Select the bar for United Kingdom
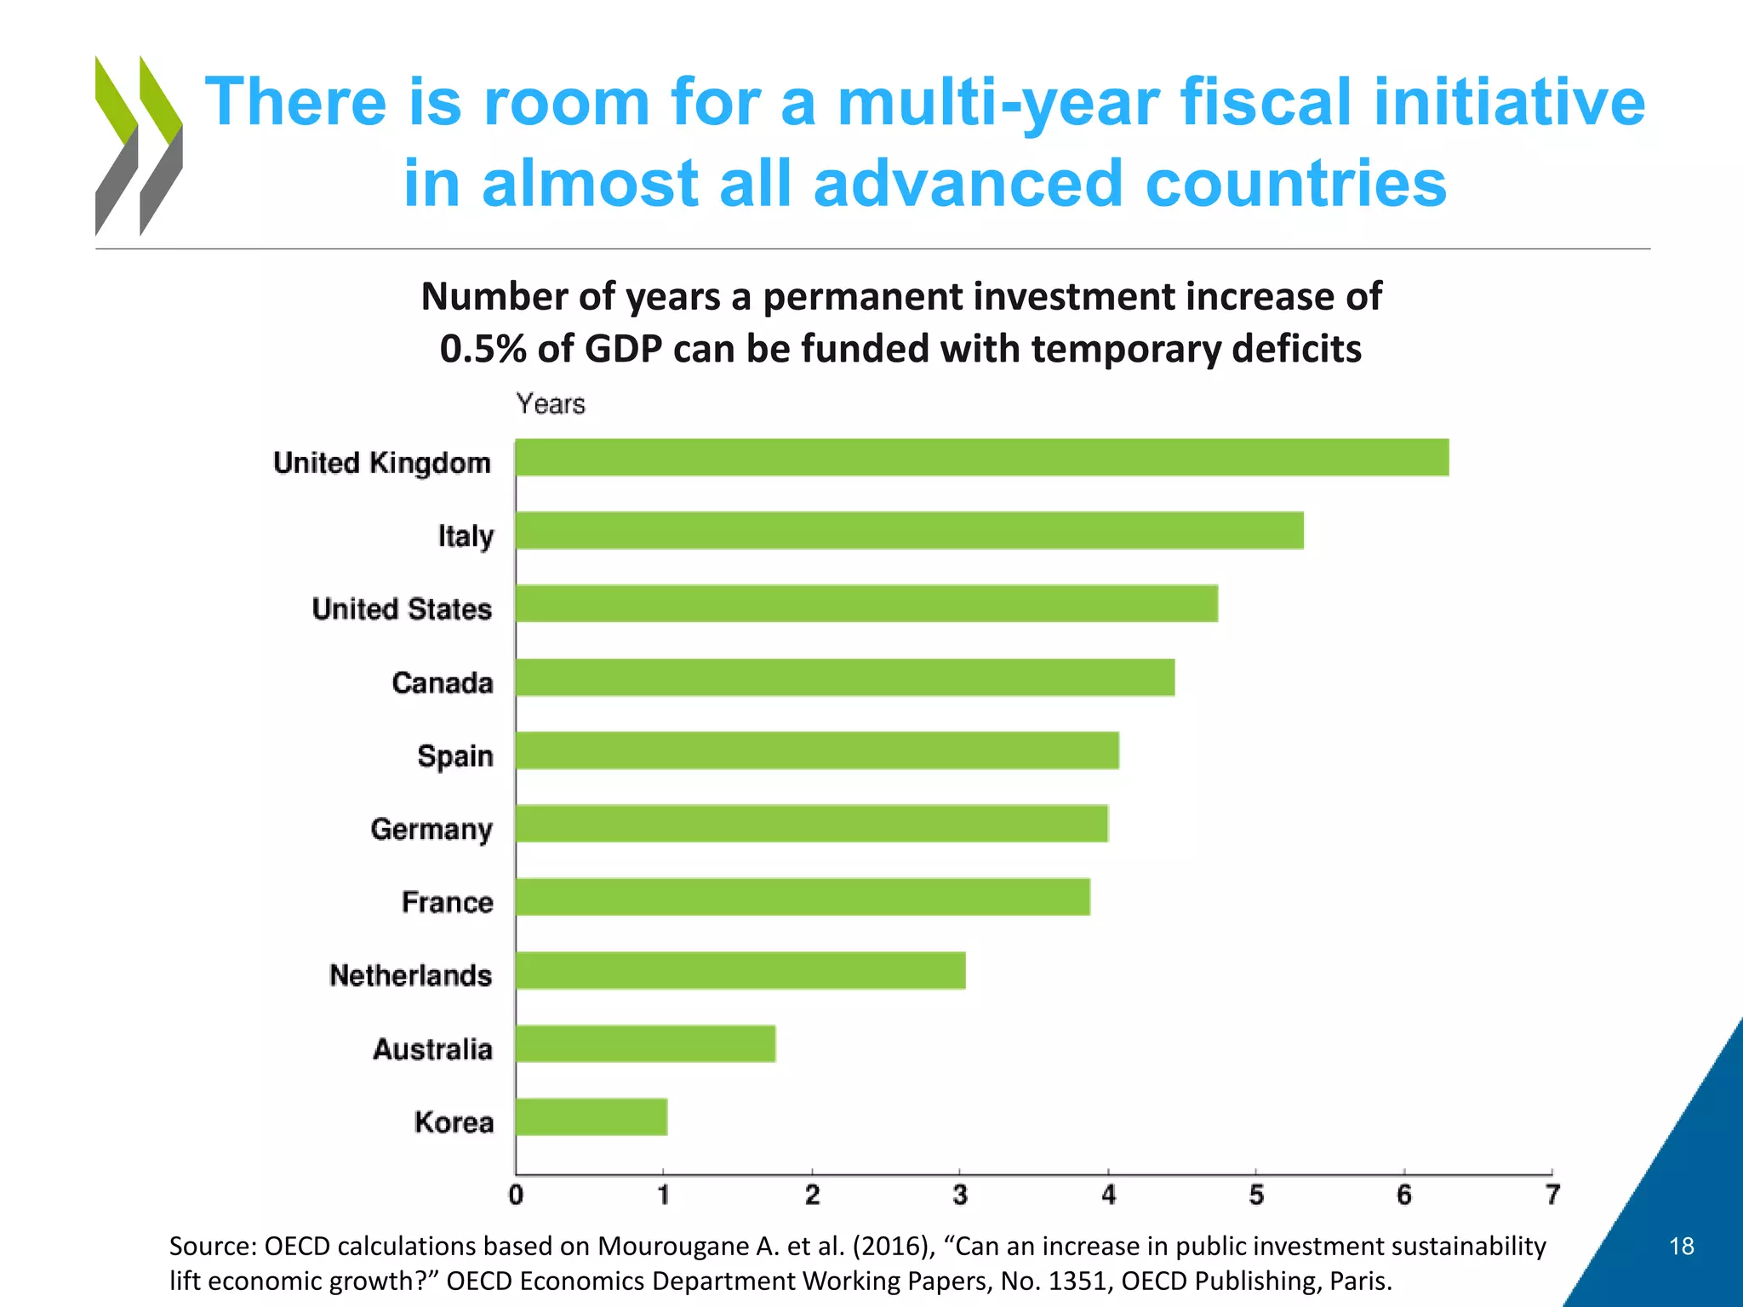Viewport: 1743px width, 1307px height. (981, 458)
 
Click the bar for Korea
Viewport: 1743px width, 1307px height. (591, 1117)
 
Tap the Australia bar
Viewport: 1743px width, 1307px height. (645, 1044)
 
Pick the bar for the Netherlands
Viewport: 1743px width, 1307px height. (740, 971)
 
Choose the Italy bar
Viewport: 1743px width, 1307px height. (909, 531)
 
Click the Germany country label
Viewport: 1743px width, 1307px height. (431, 829)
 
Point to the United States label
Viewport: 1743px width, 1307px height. (402, 609)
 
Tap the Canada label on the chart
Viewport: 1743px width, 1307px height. (443, 682)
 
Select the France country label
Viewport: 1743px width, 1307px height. (448, 902)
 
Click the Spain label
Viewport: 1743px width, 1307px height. (455, 756)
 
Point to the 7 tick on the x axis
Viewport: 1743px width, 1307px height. (1552, 1196)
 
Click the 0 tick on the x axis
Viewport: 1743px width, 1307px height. (516, 1196)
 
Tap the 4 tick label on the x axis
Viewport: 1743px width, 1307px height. (1108, 1196)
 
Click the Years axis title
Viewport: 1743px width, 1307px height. (551, 403)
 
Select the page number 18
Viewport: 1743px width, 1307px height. (1682, 1247)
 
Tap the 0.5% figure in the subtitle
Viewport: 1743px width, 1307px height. (482, 349)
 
